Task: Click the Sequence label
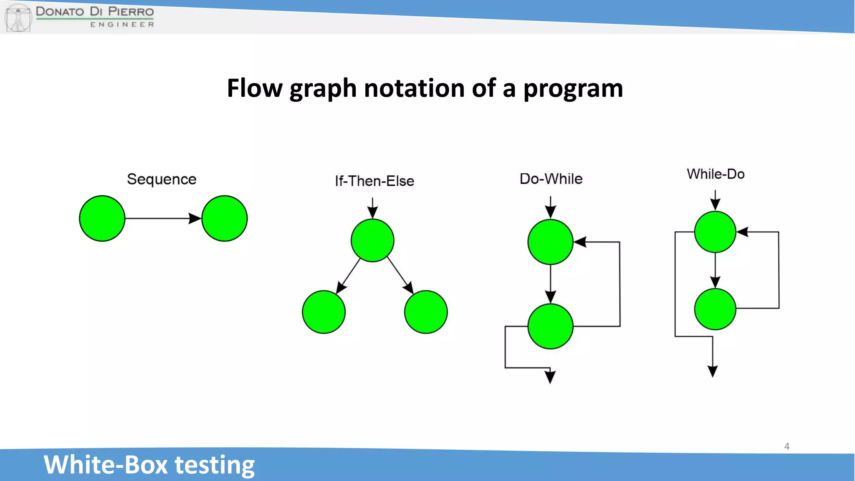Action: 162,179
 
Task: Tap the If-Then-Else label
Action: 374,181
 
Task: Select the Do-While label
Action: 551,179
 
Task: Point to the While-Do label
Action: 716,174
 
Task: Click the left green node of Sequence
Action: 102,218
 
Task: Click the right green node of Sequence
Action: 225,218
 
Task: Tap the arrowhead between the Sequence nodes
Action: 195,218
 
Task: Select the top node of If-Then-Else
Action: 372,240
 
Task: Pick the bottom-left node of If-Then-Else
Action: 324,312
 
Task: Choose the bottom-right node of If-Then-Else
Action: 426,312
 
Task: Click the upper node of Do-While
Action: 550,242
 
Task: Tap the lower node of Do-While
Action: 550,326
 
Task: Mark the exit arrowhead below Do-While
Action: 550,377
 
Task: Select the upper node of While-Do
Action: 715,232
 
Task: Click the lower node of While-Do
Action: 715,309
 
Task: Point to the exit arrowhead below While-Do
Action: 713,371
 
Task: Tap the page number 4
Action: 787,446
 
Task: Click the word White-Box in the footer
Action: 106,465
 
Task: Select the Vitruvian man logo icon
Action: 18,18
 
